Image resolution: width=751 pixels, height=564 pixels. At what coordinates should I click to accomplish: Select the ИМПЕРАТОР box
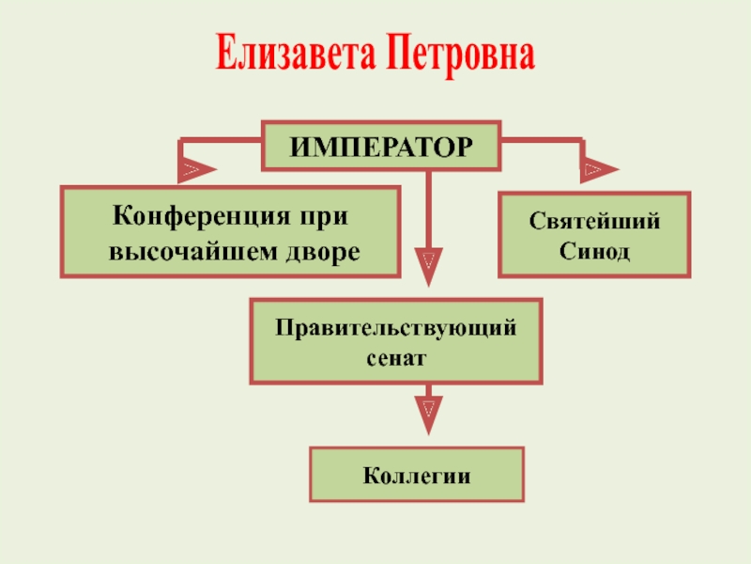(x=381, y=146)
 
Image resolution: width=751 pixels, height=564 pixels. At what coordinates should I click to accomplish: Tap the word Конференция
(x=201, y=217)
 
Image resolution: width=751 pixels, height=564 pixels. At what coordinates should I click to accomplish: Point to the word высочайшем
(x=193, y=252)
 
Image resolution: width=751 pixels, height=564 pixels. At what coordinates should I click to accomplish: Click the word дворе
(x=323, y=252)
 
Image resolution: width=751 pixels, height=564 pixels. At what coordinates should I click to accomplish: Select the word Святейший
(x=594, y=222)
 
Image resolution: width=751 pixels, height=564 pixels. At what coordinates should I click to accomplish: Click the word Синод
(x=594, y=251)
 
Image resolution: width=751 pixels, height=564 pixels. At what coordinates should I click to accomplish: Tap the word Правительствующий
(x=395, y=329)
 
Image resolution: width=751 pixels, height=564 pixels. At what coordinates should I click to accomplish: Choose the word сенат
(x=396, y=359)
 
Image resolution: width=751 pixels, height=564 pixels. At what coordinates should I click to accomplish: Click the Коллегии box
(x=417, y=475)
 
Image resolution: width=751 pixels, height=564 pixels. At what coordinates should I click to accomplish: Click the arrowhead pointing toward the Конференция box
(x=195, y=169)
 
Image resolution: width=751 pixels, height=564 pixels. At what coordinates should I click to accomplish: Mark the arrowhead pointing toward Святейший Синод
(x=598, y=169)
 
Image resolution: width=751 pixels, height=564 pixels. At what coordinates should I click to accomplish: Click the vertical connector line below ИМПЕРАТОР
(x=429, y=210)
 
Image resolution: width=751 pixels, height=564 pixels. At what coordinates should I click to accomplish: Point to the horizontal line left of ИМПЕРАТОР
(x=221, y=141)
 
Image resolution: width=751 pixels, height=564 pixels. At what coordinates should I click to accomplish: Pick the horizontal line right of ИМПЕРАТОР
(x=543, y=141)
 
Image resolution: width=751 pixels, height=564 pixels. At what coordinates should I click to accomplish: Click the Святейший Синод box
(x=594, y=235)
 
